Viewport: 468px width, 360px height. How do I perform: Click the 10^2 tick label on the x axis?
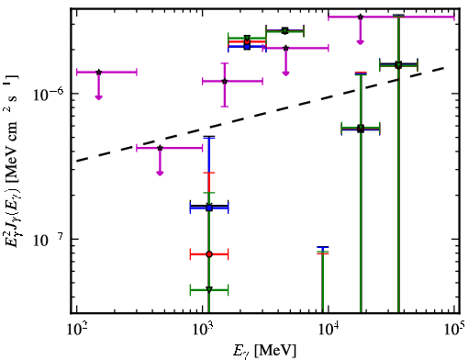coord(76,329)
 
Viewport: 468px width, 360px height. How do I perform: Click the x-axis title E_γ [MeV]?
coord(264,351)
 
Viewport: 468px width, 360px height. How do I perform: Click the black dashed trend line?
coord(261,114)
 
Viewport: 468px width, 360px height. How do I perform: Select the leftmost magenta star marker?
coord(98,73)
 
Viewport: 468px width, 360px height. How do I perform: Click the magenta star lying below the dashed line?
coord(160,148)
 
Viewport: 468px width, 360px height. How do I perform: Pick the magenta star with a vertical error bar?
coord(225,81)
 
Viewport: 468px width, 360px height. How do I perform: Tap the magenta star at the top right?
coord(361,17)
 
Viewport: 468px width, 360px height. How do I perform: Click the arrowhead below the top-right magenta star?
coord(361,42)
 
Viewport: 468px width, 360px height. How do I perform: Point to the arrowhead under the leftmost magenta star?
coord(98,97)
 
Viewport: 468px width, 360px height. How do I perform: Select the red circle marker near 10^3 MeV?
coord(209,254)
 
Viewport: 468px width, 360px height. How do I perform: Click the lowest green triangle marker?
coord(209,289)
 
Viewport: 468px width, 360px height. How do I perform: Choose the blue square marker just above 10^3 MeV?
coord(209,208)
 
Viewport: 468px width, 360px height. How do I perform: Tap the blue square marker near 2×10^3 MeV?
coord(247,47)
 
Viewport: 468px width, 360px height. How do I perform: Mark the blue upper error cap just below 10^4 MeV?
coord(323,247)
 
